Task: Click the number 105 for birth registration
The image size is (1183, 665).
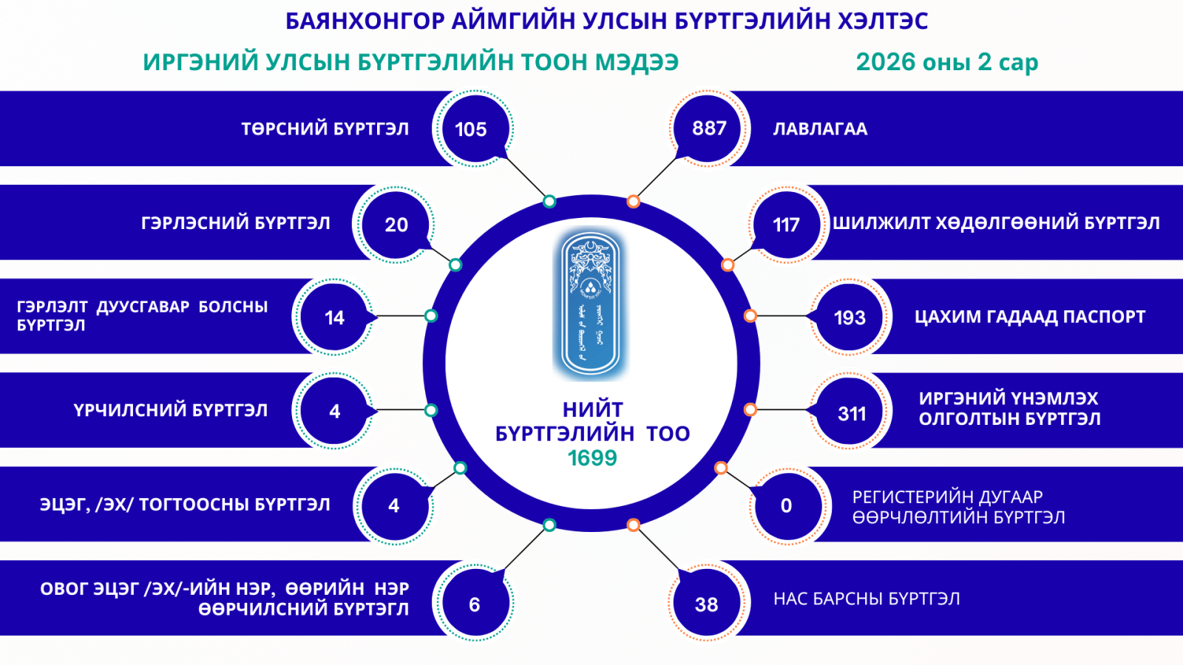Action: (471, 129)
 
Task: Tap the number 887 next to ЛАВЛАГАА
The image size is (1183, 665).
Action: (709, 129)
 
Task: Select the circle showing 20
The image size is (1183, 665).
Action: (396, 225)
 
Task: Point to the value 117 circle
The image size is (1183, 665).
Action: (786, 225)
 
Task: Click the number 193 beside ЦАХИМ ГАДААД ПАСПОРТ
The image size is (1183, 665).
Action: (850, 318)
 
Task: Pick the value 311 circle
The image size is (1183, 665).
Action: (852, 414)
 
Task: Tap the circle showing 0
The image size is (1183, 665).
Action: (786, 506)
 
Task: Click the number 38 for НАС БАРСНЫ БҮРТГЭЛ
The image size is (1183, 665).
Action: (707, 605)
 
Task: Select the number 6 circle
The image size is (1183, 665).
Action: (475, 605)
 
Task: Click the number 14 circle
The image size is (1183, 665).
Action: (334, 318)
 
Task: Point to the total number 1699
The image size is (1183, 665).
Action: (592, 458)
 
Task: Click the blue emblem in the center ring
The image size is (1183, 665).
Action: (591, 304)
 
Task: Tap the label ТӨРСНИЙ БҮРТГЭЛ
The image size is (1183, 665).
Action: (325, 129)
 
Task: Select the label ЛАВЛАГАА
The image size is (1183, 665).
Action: (820, 129)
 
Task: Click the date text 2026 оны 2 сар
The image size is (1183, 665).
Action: (946, 62)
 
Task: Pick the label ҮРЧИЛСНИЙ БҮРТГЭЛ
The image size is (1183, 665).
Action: (170, 411)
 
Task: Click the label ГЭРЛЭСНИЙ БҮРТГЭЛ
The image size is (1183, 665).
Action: (235, 223)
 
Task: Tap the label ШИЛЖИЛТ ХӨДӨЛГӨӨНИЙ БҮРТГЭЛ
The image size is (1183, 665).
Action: (996, 223)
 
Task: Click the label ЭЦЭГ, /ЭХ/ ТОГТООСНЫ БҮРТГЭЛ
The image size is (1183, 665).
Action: (185, 505)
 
